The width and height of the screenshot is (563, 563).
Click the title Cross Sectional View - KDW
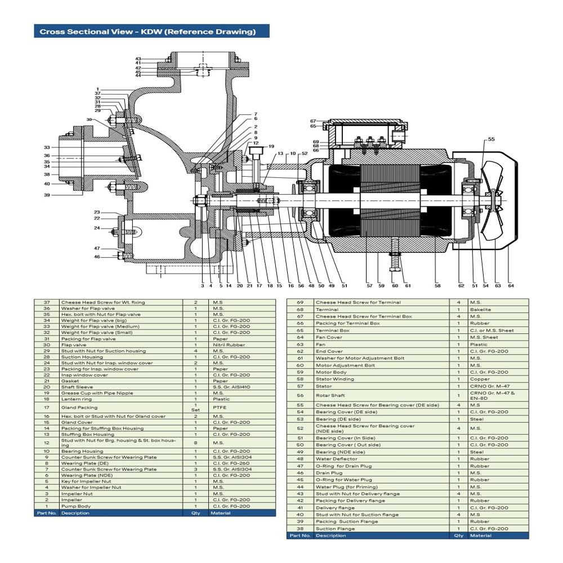click(x=148, y=32)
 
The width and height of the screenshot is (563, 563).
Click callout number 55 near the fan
click(x=491, y=138)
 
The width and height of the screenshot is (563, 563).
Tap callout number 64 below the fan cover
click(x=511, y=285)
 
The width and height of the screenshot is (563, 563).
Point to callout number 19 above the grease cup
click(x=271, y=146)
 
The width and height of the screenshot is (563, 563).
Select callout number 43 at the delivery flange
click(x=138, y=59)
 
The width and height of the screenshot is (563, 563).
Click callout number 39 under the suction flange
click(x=47, y=195)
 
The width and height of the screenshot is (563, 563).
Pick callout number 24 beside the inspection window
click(x=97, y=228)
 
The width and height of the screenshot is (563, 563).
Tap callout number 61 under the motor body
click(x=408, y=285)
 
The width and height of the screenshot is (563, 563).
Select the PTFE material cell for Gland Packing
click(x=219, y=407)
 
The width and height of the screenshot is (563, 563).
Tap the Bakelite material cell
click(x=480, y=309)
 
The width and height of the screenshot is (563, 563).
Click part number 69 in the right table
click(x=300, y=302)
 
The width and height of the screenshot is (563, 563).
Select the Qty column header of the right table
click(x=458, y=535)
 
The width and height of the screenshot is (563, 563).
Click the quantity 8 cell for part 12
click(x=195, y=443)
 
